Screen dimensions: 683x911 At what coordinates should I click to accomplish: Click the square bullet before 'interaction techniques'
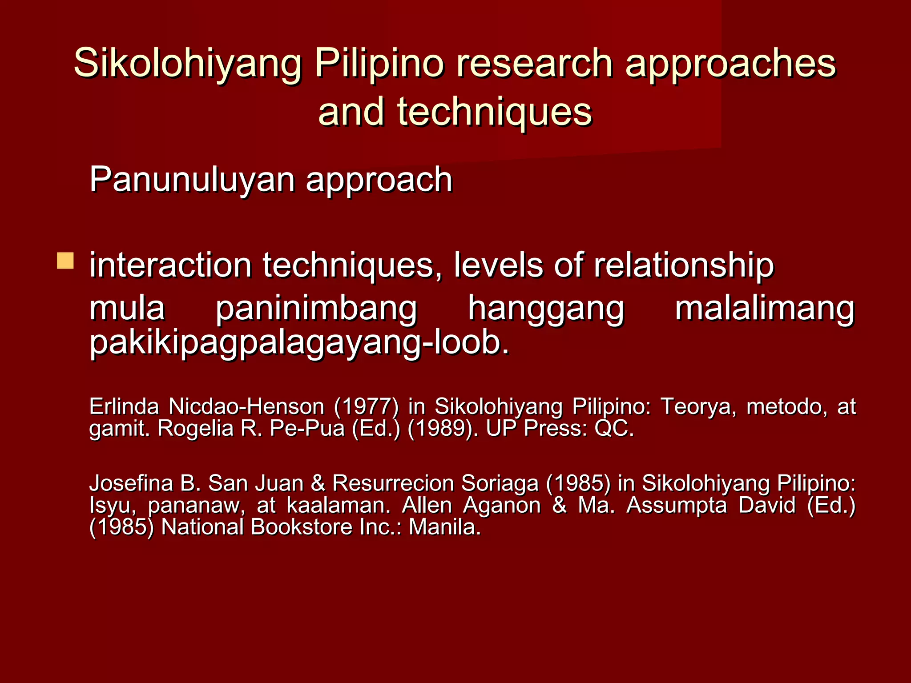point(65,261)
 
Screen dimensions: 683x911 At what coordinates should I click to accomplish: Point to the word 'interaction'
point(170,265)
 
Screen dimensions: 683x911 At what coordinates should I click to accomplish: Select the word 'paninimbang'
point(316,309)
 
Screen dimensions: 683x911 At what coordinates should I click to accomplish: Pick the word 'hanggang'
point(546,310)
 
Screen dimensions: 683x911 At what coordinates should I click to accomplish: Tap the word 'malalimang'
point(764,309)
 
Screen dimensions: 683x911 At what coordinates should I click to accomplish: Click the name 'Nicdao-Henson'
point(246,406)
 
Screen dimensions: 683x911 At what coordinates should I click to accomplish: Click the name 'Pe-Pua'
point(307,429)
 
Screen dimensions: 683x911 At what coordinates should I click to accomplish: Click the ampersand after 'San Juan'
point(318,483)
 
